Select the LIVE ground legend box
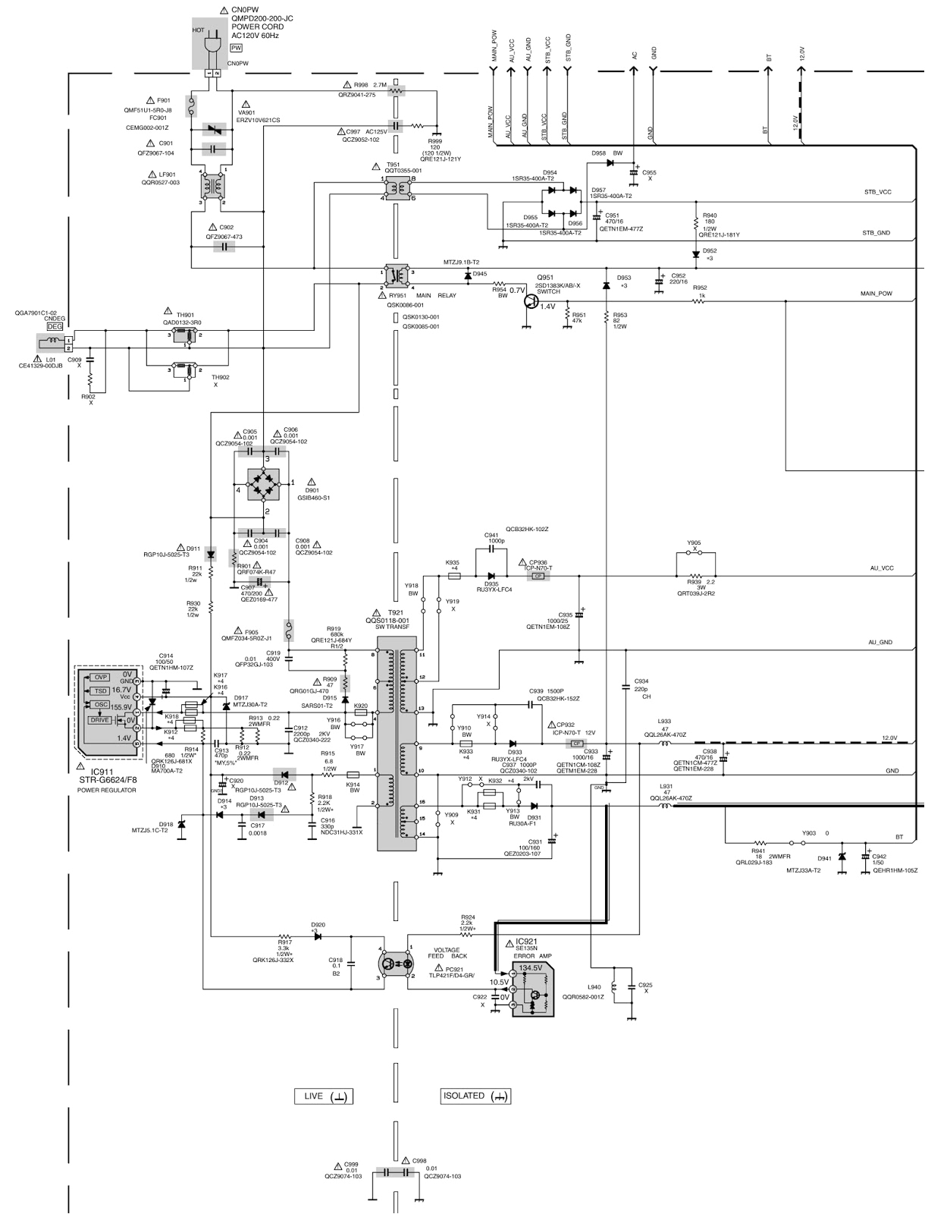tap(324, 1096)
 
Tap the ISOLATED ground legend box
tap(475, 1096)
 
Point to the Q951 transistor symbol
tap(534, 301)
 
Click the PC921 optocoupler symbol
tap(394, 964)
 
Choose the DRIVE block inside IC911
tap(99, 720)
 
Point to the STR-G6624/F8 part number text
tap(108, 779)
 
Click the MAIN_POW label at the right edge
tap(876, 293)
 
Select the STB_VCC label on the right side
tap(877, 192)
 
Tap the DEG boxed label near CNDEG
tap(55, 326)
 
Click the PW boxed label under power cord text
tap(236, 47)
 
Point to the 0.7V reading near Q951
tap(517, 291)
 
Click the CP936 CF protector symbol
tap(538, 576)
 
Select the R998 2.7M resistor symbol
tap(396, 91)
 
